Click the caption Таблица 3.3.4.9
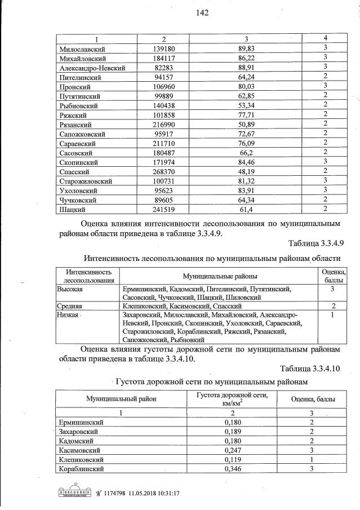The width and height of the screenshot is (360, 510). click(x=308, y=243)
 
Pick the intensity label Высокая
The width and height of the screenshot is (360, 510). click(x=70, y=289)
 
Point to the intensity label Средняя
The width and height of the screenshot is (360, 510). click(x=70, y=305)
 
